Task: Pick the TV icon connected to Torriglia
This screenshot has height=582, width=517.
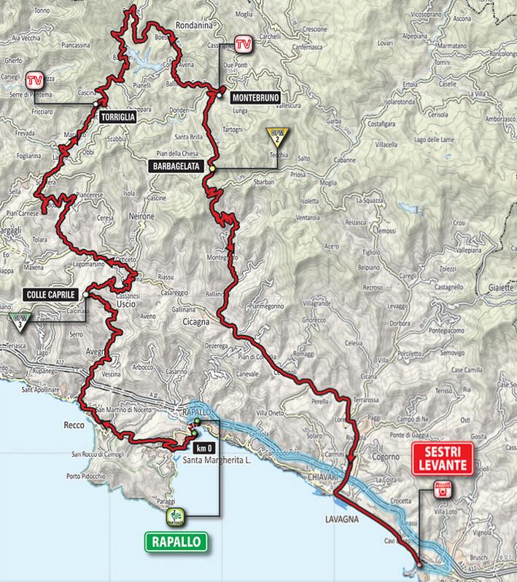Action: [x=34, y=80]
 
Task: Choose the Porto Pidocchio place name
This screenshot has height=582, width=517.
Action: [x=92, y=476]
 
